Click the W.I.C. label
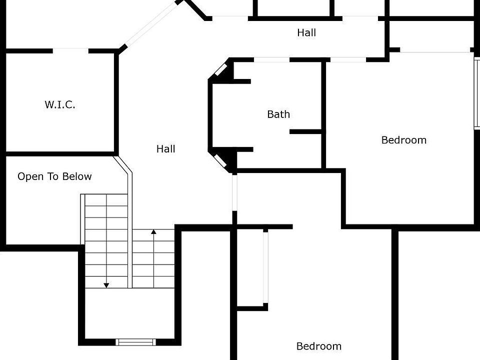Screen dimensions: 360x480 [x=60, y=105]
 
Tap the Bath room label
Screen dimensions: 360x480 [x=278, y=114]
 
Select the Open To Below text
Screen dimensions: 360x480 [x=54, y=176]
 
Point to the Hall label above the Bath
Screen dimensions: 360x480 [x=306, y=33]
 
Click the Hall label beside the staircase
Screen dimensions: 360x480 [x=166, y=149]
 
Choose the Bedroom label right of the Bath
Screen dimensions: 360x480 [x=404, y=140]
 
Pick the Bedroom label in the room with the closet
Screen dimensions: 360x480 [x=319, y=346]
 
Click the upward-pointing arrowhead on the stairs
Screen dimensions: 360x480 [x=154, y=231]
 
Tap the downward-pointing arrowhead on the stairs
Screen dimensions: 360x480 [x=106, y=285]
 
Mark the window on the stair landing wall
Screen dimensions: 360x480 [x=135, y=342]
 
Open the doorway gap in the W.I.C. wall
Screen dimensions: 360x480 [x=70, y=50]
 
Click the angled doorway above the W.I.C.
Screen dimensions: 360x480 [x=150, y=24]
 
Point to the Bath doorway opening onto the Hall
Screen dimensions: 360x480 [x=271, y=60]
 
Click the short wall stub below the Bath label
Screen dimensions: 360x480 [x=305, y=131]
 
